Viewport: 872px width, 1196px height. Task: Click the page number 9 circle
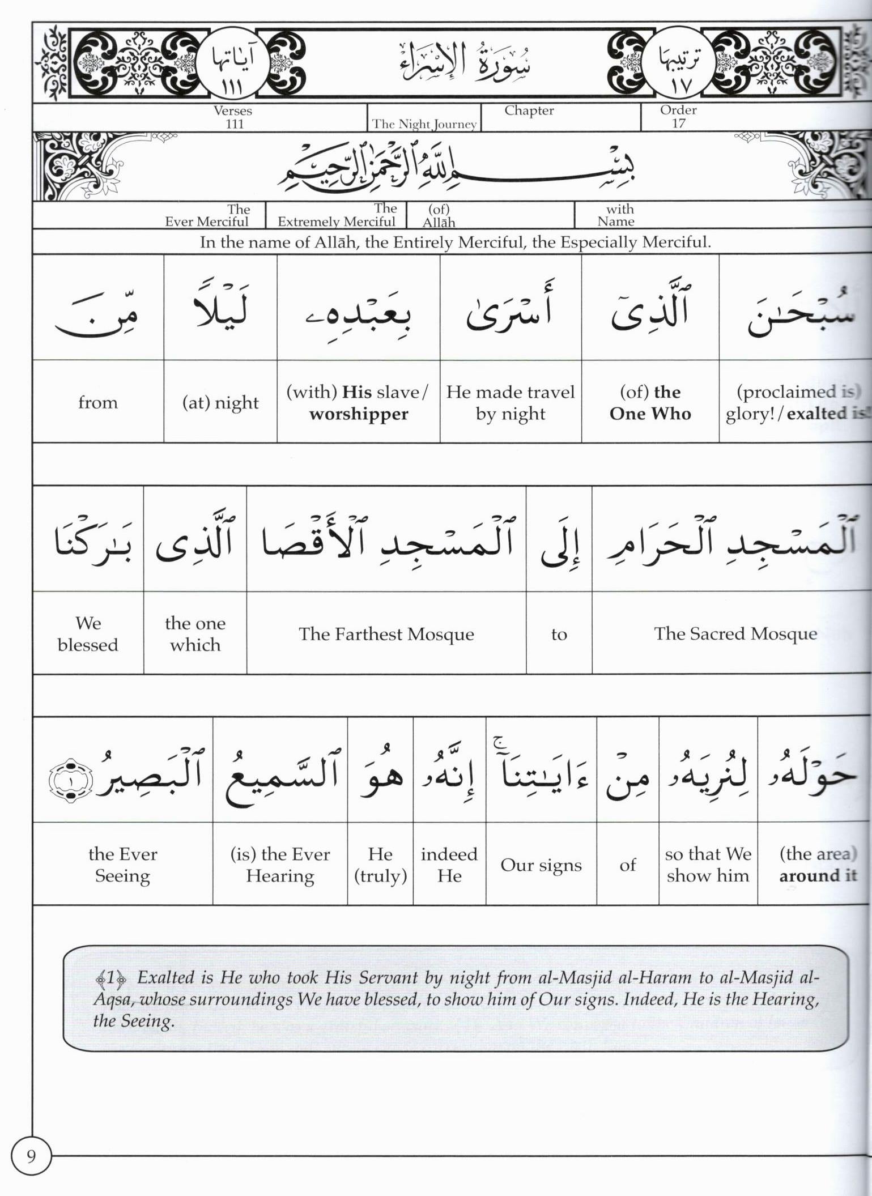coord(31,1156)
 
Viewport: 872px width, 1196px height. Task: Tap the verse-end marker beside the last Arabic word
coord(70,780)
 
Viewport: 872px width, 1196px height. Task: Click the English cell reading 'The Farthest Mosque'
coord(386,633)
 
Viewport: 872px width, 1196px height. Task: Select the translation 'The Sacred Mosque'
coord(735,633)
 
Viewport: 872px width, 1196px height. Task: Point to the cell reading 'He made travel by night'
coord(510,402)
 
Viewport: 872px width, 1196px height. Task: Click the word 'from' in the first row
coord(98,402)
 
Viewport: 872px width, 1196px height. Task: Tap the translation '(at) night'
coord(220,402)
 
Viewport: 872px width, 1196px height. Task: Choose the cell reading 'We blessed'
coord(88,633)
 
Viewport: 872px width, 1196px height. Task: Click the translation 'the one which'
coord(195,633)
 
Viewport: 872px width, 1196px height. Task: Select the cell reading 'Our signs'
coord(541,865)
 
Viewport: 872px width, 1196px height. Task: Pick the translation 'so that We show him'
coord(708,865)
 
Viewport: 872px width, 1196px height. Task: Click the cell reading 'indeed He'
coord(449,865)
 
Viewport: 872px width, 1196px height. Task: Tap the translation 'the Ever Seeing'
coord(122,865)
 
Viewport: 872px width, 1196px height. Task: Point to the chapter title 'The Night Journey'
coord(424,124)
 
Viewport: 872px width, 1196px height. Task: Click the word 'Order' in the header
coord(678,110)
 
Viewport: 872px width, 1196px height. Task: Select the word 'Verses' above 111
coord(233,110)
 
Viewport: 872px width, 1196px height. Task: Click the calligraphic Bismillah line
coord(456,166)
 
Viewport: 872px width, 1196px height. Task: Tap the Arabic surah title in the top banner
coord(465,62)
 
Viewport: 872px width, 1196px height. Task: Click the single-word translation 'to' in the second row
coord(559,634)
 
